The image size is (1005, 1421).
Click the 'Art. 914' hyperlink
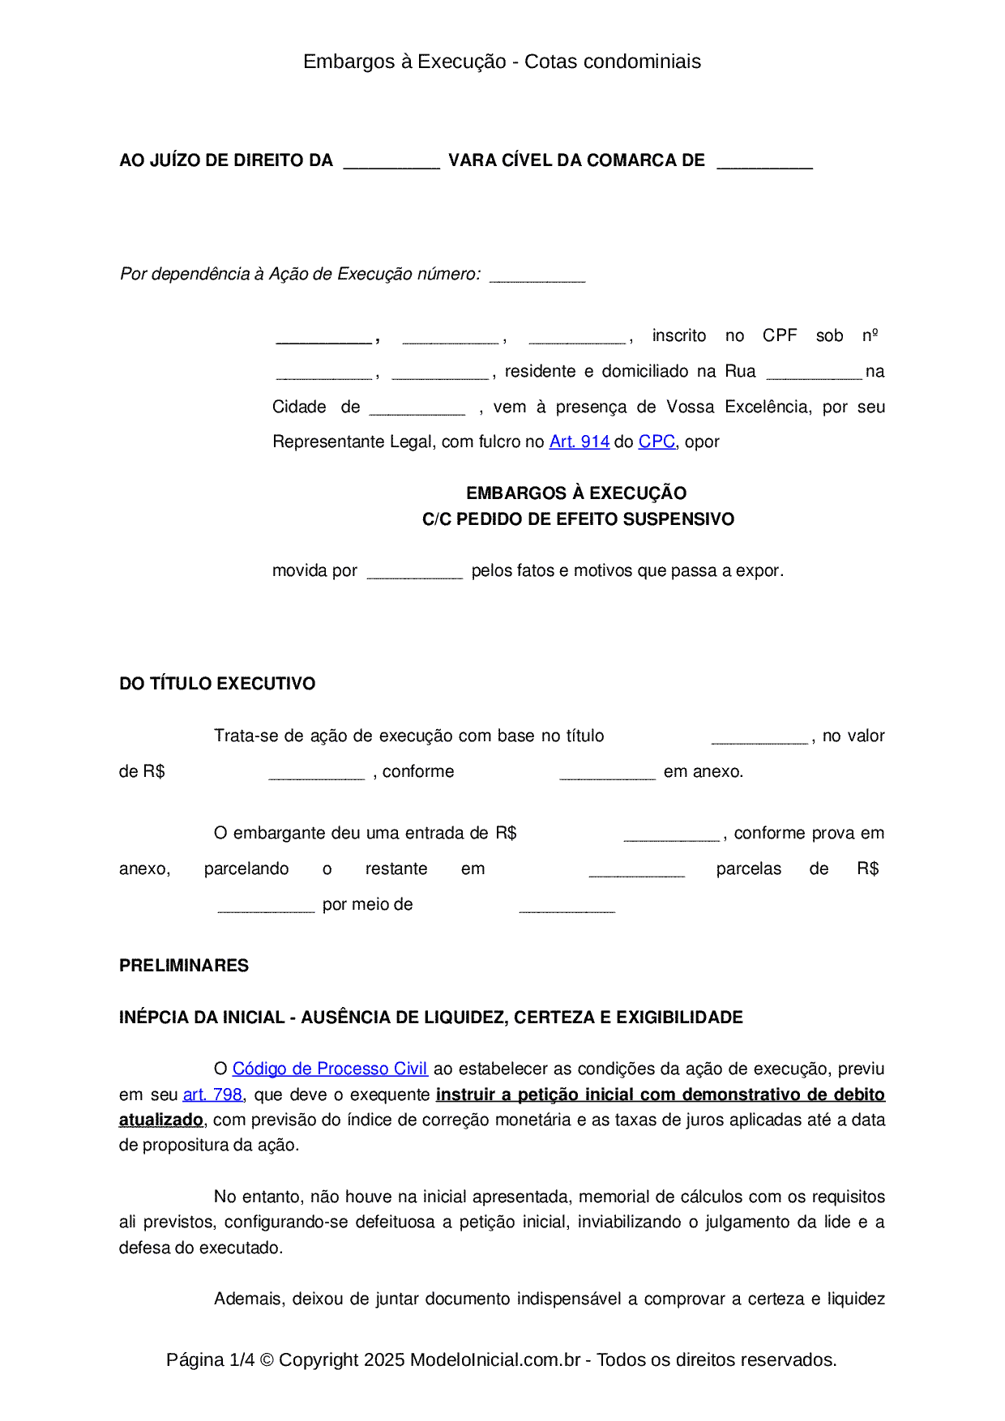point(579,442)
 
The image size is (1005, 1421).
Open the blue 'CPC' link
point(656,442)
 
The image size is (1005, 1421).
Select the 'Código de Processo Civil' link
point(330,1069)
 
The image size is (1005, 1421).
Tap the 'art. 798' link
point(212,1095)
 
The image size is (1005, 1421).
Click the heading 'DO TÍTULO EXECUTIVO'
point(217,684)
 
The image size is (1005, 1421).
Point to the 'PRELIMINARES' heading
point(184,966)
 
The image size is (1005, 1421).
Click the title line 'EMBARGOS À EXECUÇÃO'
point(576,493)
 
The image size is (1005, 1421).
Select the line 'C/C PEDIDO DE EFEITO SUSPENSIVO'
point(578,519)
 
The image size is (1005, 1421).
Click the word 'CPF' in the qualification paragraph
point(780,335)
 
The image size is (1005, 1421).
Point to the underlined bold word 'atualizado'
point(161,1120)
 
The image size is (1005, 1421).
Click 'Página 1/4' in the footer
point(210,1359)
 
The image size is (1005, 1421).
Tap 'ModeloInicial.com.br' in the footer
point(495,1359)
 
